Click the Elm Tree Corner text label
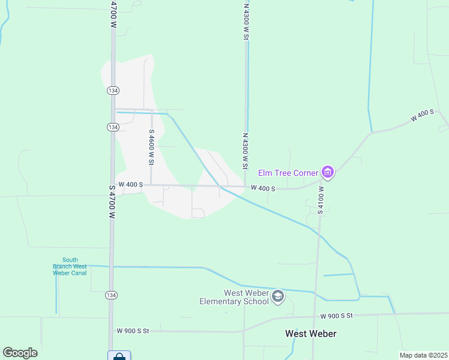[x=288, y=173]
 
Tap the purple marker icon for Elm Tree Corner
[x=328, y=173]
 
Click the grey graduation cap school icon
[x=277, y=296]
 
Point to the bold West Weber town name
[x=310, y=334]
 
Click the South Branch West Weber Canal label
[x=70, y=266]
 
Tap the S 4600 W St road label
[x=151, y=148]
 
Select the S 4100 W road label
[x=321, y=200]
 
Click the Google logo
[x=20, y=353]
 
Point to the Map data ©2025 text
[x=423, y=355]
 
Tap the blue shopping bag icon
[x=119, y=356]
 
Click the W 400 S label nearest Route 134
[x=130, y=185]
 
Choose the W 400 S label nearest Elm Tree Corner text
[x=262, y=188]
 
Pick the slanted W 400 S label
[x=423, y=116]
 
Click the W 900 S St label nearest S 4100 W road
[x=336, y=316]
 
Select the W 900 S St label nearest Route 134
[x=133, y=331]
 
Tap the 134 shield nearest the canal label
[x=113, y=295]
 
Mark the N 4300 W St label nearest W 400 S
[x=245, y=151]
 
